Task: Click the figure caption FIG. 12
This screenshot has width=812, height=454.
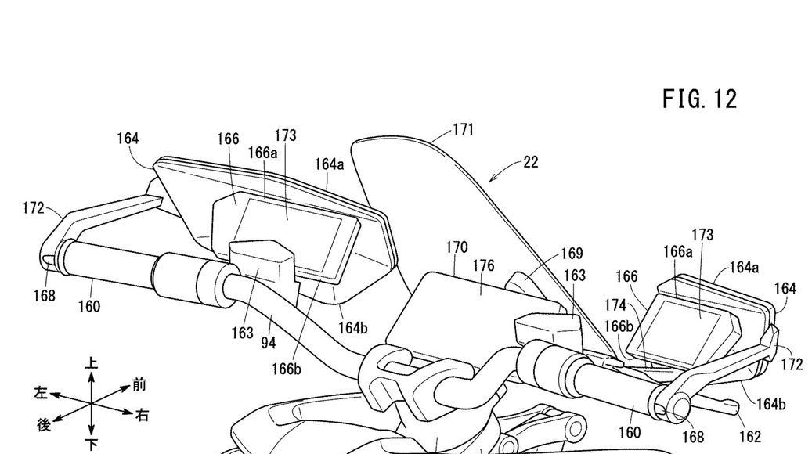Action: coord(700,100)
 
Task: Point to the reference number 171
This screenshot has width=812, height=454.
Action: coord(464,129)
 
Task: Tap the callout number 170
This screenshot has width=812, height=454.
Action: coord(457,248)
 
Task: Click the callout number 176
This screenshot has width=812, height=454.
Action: coord(483,266)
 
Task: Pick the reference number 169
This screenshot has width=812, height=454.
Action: coord(572,254)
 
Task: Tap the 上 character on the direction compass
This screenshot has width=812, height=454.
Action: coord(92,363)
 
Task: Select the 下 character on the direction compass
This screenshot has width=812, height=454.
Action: coord(92,445)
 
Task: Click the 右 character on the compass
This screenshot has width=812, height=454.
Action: coord(142,413)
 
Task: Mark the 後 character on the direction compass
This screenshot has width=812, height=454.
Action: coord(45,424)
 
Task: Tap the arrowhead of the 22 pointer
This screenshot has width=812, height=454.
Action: coord(492,179)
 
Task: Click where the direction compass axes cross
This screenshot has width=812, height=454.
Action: coord(92,403)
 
